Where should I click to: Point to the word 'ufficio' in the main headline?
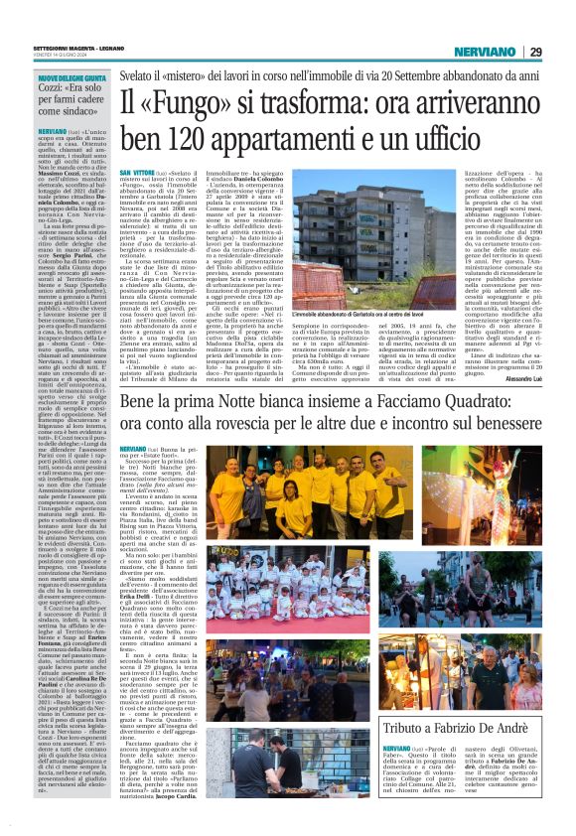click(x=506, y=139)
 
